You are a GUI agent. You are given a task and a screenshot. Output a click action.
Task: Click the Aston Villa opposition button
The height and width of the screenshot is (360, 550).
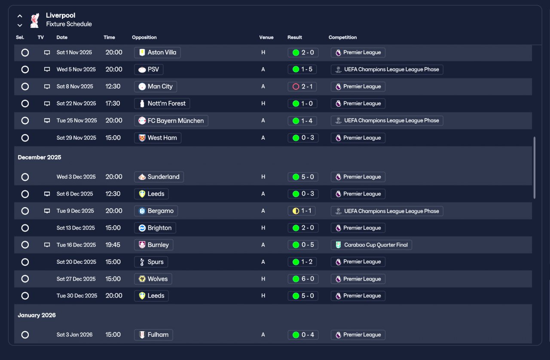157,52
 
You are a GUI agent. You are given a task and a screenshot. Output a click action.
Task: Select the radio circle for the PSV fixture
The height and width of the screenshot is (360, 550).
25,70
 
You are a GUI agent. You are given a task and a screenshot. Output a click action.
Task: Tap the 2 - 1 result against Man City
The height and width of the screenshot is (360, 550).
303,86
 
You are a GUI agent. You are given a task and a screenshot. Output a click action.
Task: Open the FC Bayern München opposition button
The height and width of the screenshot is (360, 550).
171,121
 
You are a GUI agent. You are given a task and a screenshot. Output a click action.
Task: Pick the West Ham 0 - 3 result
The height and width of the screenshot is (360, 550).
303,138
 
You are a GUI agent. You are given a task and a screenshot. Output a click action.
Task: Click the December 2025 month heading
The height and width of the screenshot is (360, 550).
40,157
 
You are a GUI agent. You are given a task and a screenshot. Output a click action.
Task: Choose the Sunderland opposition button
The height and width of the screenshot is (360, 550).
159,177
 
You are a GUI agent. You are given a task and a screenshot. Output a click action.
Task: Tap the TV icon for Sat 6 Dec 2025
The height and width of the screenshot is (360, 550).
47,194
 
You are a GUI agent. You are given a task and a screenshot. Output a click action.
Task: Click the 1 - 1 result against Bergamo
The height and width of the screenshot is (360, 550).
303,211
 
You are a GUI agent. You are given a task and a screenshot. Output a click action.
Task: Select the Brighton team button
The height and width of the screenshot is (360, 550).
155,228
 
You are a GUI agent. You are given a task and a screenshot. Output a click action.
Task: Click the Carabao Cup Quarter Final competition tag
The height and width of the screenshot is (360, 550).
371,245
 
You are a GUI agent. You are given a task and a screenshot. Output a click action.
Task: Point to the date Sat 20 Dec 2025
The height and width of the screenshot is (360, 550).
76,262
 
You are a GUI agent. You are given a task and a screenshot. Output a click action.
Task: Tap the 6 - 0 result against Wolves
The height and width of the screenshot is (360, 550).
303,279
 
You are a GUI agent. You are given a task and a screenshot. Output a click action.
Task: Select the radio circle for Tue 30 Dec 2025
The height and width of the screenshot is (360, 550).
25,296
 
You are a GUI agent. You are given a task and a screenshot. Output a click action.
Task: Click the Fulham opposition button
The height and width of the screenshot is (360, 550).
153,335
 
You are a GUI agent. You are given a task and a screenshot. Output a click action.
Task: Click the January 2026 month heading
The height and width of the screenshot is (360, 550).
37,315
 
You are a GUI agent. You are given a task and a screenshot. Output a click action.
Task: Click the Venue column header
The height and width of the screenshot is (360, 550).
266,37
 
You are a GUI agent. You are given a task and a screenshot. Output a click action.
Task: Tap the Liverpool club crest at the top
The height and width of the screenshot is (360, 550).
34,20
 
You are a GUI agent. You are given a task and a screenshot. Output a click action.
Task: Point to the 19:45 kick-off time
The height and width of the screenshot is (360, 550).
113,245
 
